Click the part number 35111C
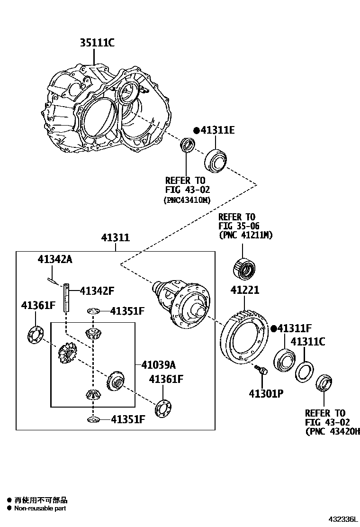[x=97, y=43]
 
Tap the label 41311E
[x=216, y=130]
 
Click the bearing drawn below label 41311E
[x=216, y=161]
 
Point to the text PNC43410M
[x=186, y=200]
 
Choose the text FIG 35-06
[x=239, y=226]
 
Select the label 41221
[x=245, y=290]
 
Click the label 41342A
[x=55, y=259]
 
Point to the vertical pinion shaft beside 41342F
[x=66, y=297]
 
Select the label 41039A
[x=158, y=365]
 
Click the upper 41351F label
[x=127, y=311]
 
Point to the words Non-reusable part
[x=40, y=508]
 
